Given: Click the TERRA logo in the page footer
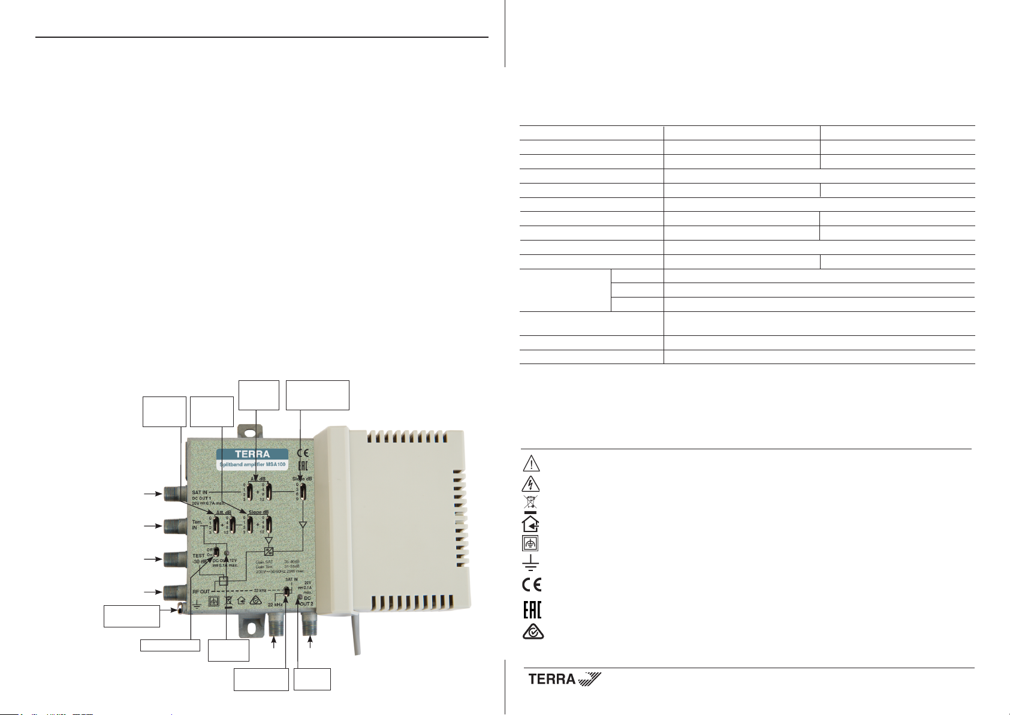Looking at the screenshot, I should pos(563,679).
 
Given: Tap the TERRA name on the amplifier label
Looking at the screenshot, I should pos(252,454).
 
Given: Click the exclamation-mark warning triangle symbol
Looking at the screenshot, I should pos(531,464).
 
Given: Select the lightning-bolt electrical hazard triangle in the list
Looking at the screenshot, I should pos(531,483).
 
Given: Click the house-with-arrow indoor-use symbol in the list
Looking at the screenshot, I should pos(530,524).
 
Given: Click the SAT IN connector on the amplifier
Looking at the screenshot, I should pos(171,494).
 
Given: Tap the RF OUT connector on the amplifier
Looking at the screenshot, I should pos(171,592).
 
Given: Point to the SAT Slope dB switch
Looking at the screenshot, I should pos(303,491).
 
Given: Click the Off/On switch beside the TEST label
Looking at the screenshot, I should pos(216,552).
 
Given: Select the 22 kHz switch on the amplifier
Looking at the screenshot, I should pos(287,593).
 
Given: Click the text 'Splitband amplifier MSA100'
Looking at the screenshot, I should pos(252,465).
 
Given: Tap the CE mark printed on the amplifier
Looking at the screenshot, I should pos(303,453).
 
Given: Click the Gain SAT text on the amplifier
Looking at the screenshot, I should pos(264,561).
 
